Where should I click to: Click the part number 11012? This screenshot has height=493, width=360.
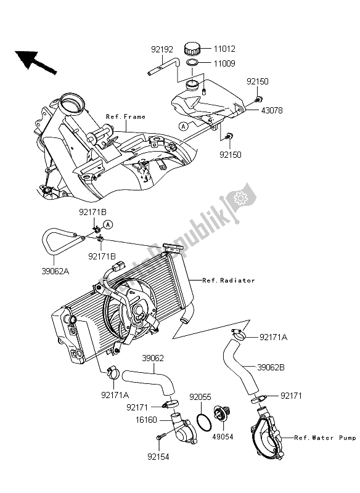224,48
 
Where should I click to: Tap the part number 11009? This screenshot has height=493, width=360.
224,63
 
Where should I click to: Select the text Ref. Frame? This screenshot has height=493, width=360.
125,116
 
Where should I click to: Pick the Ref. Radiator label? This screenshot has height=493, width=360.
228,280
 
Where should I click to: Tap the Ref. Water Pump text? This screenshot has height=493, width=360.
325,438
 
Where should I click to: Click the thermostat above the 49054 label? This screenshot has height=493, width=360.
219,417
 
